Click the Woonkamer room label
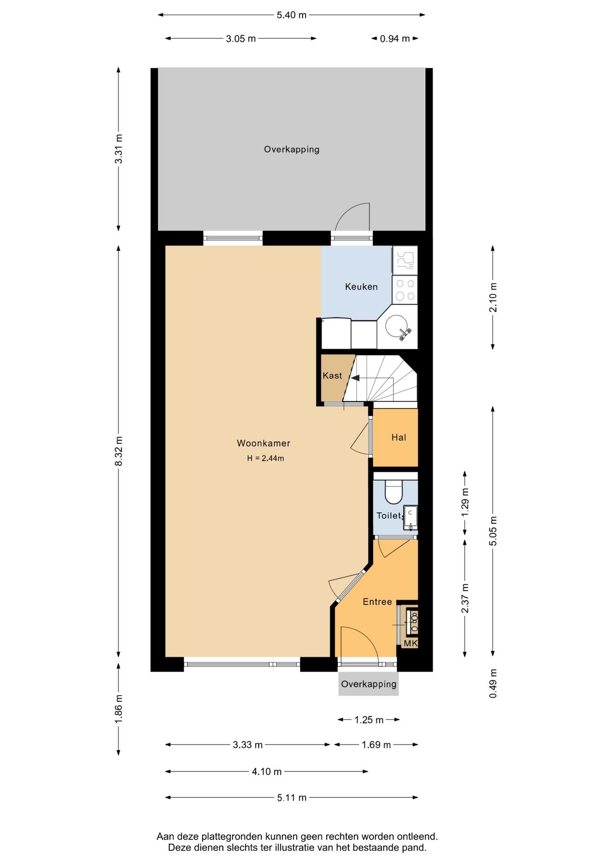(264, 443)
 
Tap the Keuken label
(361, 287)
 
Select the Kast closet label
(332, 376)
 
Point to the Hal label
(399, 437)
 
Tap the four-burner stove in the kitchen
(405, 290)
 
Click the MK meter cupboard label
(411, 643)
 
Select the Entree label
(377, 602)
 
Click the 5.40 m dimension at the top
(292, 15)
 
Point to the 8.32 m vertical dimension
(119, 451)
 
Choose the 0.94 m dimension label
(395, 39)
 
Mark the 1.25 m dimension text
(369, 720)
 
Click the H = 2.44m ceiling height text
(265, 459)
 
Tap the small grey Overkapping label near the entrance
(369, 684)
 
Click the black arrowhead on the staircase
(355, 378)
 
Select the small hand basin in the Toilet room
(410, 518)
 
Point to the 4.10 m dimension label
(267, 772)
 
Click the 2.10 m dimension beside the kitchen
(493, 297)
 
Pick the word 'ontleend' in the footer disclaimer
(417, 837)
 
